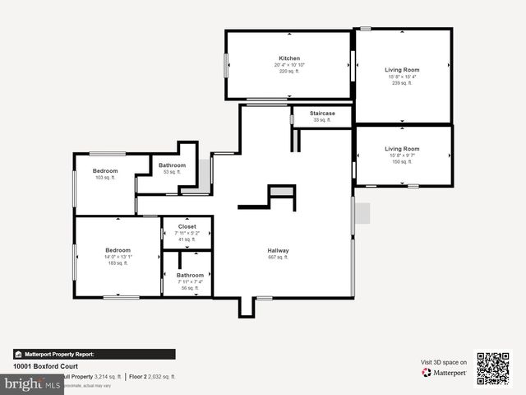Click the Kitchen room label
(288, 58)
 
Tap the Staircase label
(321, 113)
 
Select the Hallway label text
(278, 250)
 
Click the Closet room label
(187, 225)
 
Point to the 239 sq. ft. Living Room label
(402, 70)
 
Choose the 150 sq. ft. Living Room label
(402, 149)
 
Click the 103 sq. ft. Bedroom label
(105, 171)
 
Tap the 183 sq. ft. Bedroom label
(117, 250)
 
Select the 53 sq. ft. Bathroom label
(172, 165)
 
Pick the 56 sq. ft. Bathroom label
(190, 275)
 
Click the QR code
(493, 369)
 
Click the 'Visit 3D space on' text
(444, 362)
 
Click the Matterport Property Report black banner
(94, 354)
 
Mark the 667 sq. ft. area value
(278, 258)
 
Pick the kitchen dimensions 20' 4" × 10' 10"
(289, 65)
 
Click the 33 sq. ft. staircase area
(321, 120)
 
